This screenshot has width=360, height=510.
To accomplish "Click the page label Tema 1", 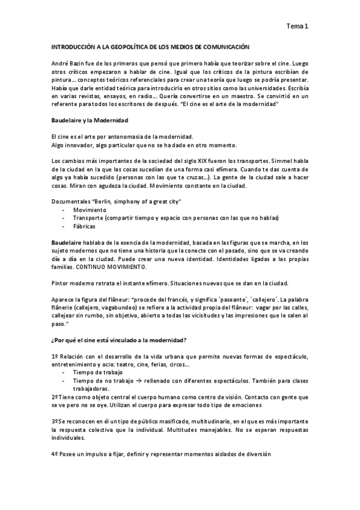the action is pyautogui.click(x=297, y=26).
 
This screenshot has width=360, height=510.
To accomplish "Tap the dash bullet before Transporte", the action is pyautogui.click(x=63, y=218).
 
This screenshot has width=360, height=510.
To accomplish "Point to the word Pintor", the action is pyautogui.click(x=61, y=283).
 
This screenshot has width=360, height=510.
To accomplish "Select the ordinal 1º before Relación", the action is pyautogui.click(x=55, y=357).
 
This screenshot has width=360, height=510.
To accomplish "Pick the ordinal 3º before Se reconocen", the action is pyautogui.click(x=55, y=422).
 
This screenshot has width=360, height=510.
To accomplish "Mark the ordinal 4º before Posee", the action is pyautogui.click(x=55, y=455).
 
